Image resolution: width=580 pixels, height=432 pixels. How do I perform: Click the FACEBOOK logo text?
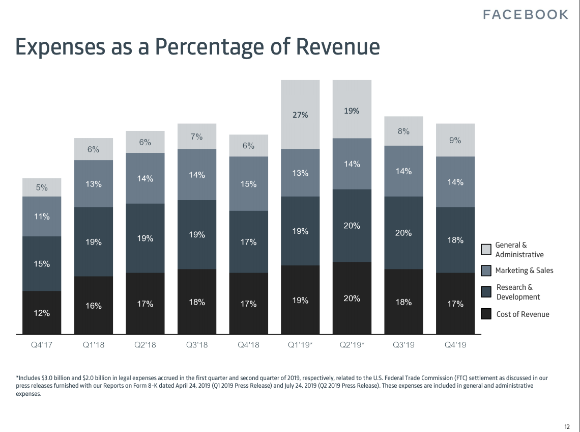click(525, 15)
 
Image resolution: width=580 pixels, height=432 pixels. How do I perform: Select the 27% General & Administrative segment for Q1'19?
click(300, 115)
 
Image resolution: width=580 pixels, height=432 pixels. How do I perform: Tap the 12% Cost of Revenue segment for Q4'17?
click(42, 312)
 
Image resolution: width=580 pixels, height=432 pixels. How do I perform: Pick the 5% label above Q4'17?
click(42, 187)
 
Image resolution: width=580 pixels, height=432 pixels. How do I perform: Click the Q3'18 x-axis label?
click(197, 345)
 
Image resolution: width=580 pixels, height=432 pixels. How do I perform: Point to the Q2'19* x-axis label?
click(352, 345)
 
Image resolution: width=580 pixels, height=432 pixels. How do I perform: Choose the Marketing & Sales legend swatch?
click(486, 271)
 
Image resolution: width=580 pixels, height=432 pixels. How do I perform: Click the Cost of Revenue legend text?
click(523, 314)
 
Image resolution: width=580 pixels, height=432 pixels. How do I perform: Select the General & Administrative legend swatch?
click(486, 250)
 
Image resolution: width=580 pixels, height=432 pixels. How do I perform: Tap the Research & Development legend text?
click(518, 292)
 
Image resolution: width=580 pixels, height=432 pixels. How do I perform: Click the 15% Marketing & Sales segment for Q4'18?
click(249, 183)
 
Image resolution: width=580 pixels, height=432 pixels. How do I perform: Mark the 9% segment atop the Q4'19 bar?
click(455, 140)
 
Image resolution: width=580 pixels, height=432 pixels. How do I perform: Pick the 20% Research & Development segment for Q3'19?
click(403, 233)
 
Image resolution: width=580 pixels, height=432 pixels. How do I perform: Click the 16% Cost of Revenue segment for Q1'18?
click(94, 305)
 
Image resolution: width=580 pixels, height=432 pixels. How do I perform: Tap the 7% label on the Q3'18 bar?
click(197, 137)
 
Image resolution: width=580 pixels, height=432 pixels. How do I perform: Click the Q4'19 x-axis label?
click(455, 345)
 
